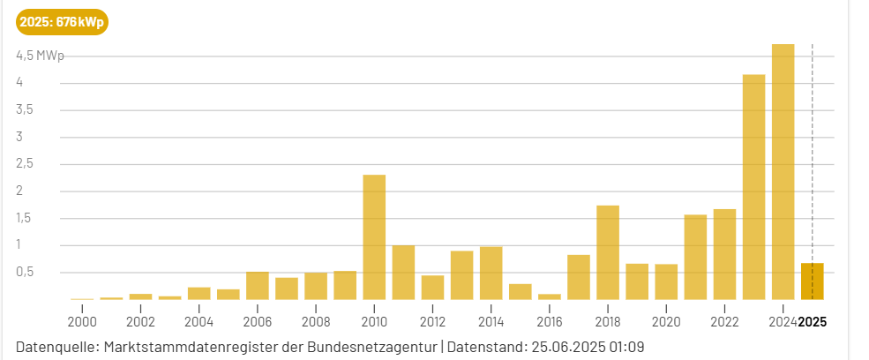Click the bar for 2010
[x=374, y=237]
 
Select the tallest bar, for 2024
[x=783, y=172]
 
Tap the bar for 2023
[x=753, y=187]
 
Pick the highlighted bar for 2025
[x=812, y=281]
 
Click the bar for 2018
[x=608, y=252]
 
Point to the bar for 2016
[x=550, y=296]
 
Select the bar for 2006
[x=258, y=286]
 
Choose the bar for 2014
[x=491, y=274]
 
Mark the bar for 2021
[x=695, y=257]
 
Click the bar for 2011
[x=403, y=273]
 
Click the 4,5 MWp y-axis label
[x=40, y=56]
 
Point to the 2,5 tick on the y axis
[x=24, y=164]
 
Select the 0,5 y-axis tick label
[x=24, y=273]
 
